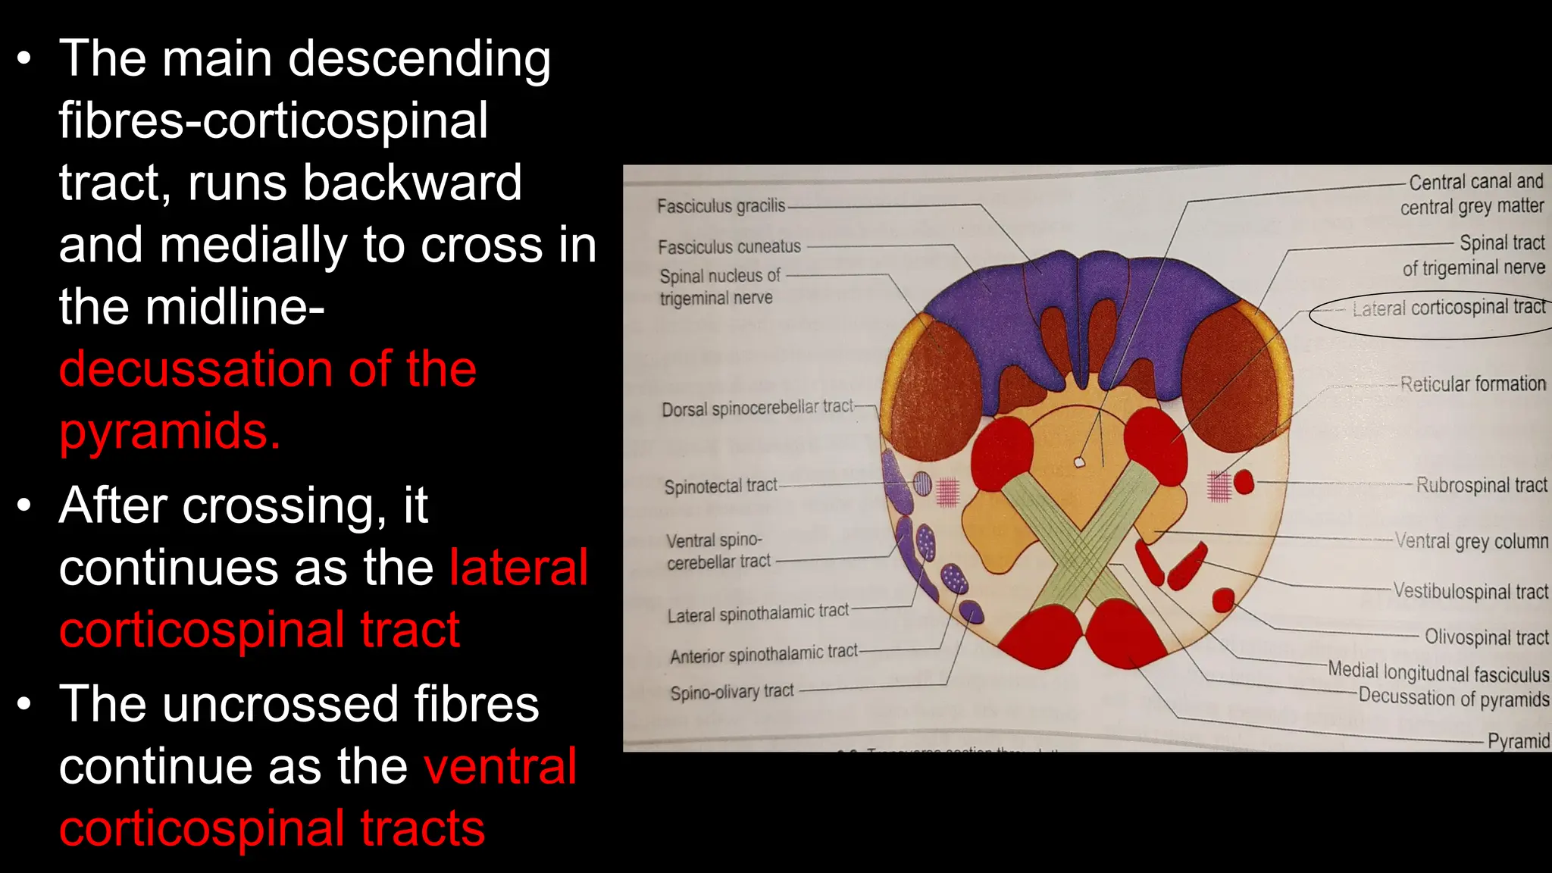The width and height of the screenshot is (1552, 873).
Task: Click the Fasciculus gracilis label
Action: [x=721, y=206]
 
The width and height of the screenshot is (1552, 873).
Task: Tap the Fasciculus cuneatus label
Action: [x=729, y=247]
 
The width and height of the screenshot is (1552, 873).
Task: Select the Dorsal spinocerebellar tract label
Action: [x=757, y=408]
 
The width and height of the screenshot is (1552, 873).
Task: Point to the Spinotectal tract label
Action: [x=721, y=486]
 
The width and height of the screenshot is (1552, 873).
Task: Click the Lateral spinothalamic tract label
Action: [x=758, y=613]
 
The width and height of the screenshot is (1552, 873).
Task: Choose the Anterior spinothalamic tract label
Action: [x=764, y=653]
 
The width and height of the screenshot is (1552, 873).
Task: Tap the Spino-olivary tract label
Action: [x=732, y=692]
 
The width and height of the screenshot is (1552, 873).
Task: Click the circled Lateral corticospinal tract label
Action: [x=1448, y=308]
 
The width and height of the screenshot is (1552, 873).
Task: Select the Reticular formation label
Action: [x=1472, y=384]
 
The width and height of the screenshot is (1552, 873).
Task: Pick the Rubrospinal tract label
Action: [x=1482, y=485]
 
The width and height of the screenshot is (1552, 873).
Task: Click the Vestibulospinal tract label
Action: [x=1470, y=591]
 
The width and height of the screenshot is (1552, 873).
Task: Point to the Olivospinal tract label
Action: [x=1486, y=637]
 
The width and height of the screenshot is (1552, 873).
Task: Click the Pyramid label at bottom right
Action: [x=1518, y=740]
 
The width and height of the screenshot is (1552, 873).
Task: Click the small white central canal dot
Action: [x=1080, y=462]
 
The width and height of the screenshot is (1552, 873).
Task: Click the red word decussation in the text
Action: [x=195, y=369]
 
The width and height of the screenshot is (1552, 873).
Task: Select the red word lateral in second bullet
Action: [x=518, y=568]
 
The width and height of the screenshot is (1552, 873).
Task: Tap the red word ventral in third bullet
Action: [x=500, y=766]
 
